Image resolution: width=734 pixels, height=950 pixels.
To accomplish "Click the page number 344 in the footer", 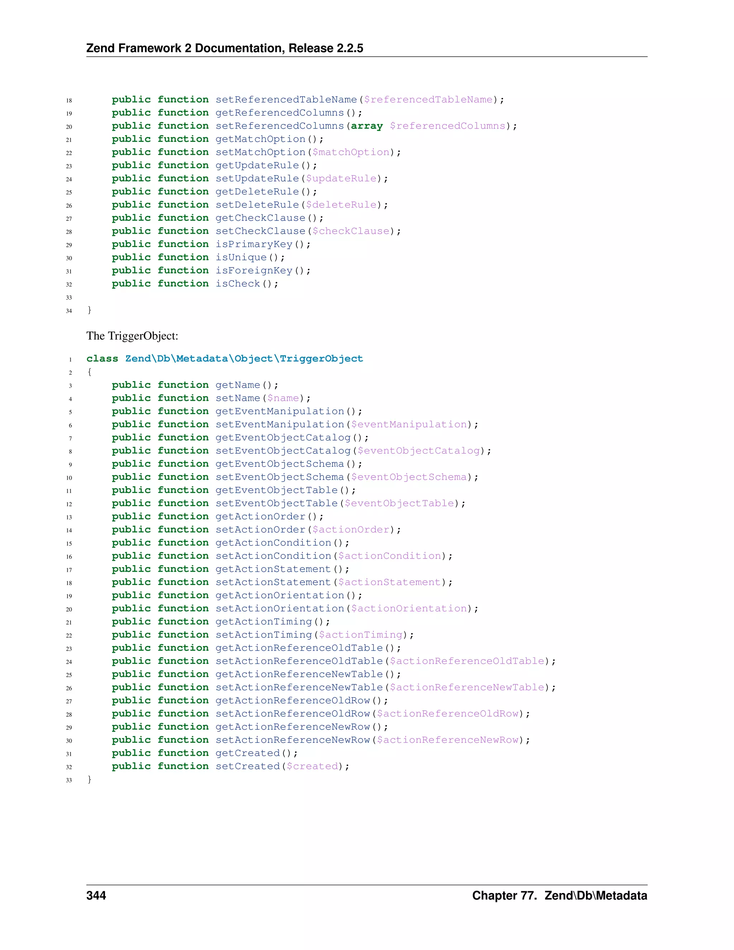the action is pos(96,895).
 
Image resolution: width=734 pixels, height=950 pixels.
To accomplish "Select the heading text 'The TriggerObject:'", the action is pos(132,336).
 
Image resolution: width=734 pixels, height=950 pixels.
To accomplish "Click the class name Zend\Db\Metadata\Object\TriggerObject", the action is pos(244,358).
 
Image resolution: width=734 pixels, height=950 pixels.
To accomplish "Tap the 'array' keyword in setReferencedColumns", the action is pos(367,126).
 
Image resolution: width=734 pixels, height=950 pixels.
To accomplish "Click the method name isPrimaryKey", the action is pos(254,244).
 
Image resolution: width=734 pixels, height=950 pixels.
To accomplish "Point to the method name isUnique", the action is pos(241,257).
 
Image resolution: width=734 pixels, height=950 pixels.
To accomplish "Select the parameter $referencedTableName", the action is pos(428,100).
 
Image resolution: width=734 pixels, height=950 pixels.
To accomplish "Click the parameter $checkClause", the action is pos(351,231).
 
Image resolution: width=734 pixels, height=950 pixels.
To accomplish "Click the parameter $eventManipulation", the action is pos(409,424).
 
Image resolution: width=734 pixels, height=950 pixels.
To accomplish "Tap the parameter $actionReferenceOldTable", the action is pos(467,661).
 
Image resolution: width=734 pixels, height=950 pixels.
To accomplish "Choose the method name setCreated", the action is pos(247,766).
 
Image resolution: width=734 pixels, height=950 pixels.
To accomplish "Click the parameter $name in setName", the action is pos(283,398).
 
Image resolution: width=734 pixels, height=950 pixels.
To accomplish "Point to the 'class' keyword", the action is pos(102,358).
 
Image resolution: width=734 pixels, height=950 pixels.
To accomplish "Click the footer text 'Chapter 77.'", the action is pos(504,895).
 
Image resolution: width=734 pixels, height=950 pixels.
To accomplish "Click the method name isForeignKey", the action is pos(254,270).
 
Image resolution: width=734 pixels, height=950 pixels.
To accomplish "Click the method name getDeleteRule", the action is pos(257,191).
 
